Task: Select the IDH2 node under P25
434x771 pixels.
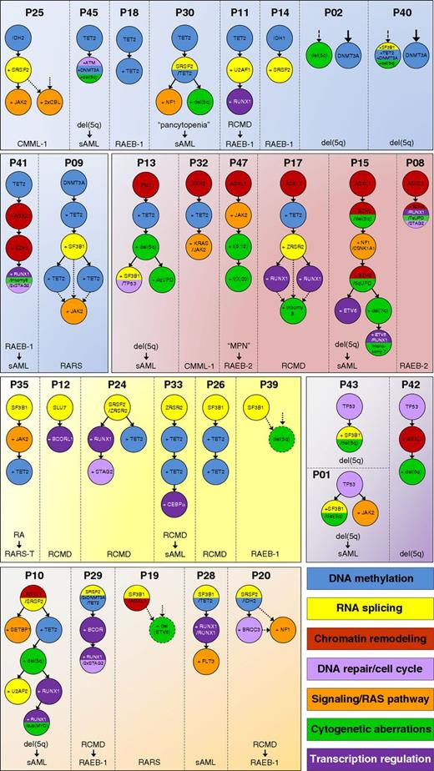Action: pyautogui.click(x=34, y=39)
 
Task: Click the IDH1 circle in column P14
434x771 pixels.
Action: pyautogui.click(x=279, y=39)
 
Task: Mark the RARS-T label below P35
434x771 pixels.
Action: pyautogui.click(x=34, y=552)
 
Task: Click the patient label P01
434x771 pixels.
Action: pyautogui.click(x=326, y=477)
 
